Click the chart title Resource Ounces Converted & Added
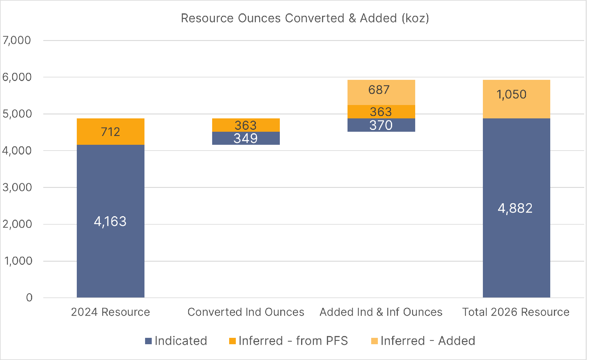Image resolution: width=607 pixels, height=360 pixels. pyautogui.click(x=305, y=18)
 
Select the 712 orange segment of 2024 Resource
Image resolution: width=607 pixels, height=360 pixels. pyautogui.click(x=110, y=132)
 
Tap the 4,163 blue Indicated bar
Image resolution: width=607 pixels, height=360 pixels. pyautogui.click(x=110, y=221)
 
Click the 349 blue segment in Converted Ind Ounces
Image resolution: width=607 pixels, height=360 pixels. pyautogui.click(x=246, y=138)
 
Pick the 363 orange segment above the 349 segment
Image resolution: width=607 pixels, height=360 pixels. pyautogui.click(x=246, y=125)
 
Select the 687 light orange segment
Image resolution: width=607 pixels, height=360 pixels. pyautogui.click(x=381, y=92)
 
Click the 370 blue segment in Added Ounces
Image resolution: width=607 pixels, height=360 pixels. pyautogui.click(x=381, y=125)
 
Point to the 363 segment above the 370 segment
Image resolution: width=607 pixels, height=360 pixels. pyautogui.click(x=381, y=112)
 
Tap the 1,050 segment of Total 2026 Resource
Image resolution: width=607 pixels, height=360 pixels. pyautogui.click(x=516, y=99)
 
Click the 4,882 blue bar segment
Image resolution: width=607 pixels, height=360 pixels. pyautogui.click(x=516, y=208)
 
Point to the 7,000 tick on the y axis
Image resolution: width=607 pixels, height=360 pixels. pyautogui.click(x=17, y=40)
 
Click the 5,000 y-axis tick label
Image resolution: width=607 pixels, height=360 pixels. pyautogui.click(x=17, y=114)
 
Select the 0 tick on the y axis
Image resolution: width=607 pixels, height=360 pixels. pyautogui.click(x=29, y=298)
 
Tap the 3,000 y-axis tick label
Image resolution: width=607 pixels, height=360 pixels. pyautogui.click(x=17, y=187)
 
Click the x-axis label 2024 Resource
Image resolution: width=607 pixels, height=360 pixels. pyautogui.click(x=110, y=312)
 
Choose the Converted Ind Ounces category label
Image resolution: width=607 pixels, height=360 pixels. pyautogui.click(x=246, y=312)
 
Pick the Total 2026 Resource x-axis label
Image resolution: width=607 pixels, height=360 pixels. pyautogui.click(x=516, y=312)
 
